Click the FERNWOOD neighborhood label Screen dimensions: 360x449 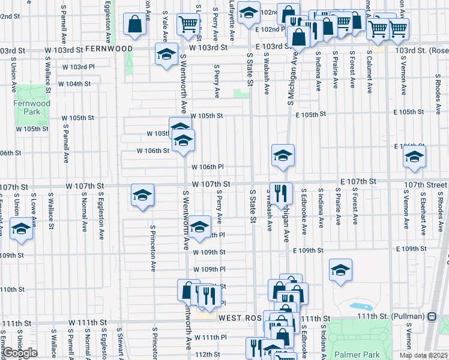[109, 47]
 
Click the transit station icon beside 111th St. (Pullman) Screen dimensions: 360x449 [432, 316]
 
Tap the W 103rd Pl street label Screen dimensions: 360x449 [78, 67]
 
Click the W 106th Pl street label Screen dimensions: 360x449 [208, 167]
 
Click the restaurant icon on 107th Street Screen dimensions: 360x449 [281, 193]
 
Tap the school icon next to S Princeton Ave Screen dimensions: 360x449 [142, 196]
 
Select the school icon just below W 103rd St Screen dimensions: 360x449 [166, 55]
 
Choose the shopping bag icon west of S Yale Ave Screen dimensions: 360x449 [134, 24]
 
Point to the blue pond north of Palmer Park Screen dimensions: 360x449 [367, 307]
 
